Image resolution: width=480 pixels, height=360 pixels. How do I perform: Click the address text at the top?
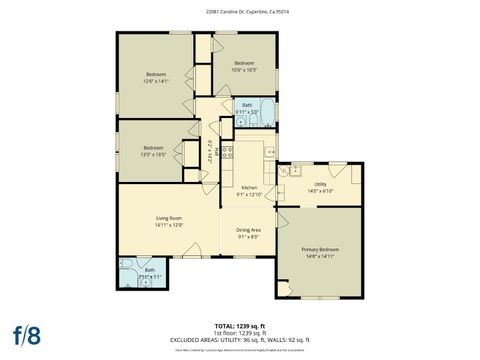(239, 12)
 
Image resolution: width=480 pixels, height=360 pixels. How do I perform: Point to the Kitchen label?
(249, 188)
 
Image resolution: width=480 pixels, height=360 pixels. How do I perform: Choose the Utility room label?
(320, 184)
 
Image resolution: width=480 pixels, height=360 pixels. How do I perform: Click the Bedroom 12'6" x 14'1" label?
(155, 74)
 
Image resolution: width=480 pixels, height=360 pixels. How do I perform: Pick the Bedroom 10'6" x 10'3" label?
(245, 63)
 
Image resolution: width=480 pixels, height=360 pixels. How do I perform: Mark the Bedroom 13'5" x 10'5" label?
(154, 148)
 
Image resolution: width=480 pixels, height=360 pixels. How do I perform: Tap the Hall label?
(211, 151)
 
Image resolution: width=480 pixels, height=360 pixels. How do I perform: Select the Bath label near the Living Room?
(150, 269)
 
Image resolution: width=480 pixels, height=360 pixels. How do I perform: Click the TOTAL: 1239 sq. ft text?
(240, 327)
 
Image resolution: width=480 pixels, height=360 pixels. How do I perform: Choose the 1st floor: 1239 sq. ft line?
(240, 333)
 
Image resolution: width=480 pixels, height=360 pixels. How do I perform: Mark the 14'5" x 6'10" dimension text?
(320, 190)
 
